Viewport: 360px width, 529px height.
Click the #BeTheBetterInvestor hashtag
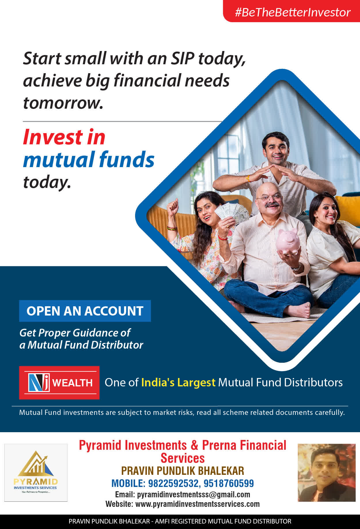pos(293,12)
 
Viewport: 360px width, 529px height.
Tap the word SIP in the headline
pos(183,58)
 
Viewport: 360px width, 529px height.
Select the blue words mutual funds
pos(89,159)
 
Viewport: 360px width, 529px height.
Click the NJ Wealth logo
pos(59,383)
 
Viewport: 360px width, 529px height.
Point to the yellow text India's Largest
pos(178,382)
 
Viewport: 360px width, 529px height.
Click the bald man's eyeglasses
pos(269,197)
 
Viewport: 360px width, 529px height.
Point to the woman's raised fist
pos(173,205)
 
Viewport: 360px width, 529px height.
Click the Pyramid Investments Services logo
pos(36,473)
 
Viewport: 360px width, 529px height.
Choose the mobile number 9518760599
pos(229,483)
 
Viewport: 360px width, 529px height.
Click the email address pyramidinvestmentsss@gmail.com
pos(194,494)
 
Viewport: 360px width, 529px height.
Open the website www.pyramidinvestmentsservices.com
pos(198,504)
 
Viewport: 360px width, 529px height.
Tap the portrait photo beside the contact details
pos(327,473)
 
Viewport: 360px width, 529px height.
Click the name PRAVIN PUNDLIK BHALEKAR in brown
pos(183,471)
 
